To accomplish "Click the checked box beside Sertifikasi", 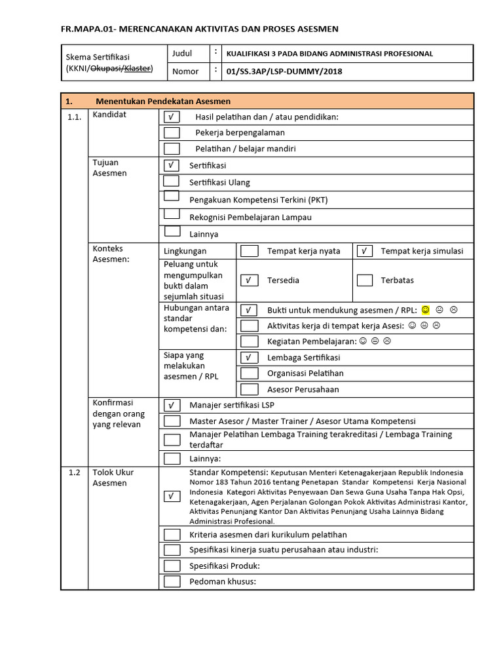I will click(x=171, y=166).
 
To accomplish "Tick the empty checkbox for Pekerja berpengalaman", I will click(x=172, y=132).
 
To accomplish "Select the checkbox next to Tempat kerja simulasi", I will click(x=365, y=251).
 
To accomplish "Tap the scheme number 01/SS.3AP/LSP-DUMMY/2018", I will click(x=284, y=71).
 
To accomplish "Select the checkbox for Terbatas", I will click(x=365, y=280).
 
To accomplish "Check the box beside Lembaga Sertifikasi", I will click(x=249, y=358).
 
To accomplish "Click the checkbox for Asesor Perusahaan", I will click(x=249, y=389).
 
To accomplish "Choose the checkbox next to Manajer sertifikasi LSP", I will click(x=172, y=405).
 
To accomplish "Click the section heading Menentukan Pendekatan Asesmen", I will click(x=163, y=101).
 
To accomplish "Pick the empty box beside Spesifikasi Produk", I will click(x=172, y=566).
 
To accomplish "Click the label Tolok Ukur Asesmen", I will click(x=113, y=478).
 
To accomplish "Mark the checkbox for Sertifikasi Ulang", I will click(x=171, y=182).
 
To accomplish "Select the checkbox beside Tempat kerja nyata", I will click(x=249, y=251).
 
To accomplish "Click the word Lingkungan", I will click(x=185, y=251).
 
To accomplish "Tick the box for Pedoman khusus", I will click(x=172, y=581).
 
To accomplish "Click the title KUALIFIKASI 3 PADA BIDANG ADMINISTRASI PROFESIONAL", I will click(x=329, y=54).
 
